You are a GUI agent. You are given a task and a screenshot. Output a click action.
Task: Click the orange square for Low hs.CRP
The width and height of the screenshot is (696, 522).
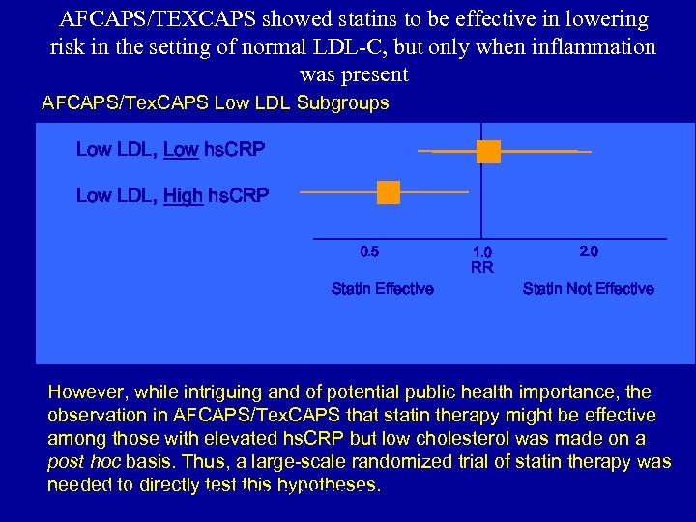[488, 151]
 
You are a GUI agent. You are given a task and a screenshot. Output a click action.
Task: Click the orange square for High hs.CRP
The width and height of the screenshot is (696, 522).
[389, 192]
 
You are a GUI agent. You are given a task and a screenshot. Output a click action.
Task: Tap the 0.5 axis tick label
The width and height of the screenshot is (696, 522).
[369, 252]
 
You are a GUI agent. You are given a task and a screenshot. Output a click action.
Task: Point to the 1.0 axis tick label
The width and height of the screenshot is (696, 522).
[481, 253]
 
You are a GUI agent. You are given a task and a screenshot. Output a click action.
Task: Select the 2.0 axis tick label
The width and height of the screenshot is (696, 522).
[589, 252]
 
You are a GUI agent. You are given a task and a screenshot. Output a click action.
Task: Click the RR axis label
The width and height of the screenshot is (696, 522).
[481, 268]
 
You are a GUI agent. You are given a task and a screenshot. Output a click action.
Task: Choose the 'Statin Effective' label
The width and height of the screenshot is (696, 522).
[382, 289]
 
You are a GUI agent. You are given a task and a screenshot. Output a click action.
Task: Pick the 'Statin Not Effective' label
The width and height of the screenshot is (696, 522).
[588, 289]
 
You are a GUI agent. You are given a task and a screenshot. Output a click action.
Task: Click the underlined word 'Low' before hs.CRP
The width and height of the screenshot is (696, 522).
[181, 150]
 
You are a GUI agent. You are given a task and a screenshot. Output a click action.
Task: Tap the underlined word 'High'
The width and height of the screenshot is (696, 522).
[183, 196]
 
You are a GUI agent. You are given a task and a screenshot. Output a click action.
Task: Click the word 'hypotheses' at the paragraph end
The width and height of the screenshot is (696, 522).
[328, 485]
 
